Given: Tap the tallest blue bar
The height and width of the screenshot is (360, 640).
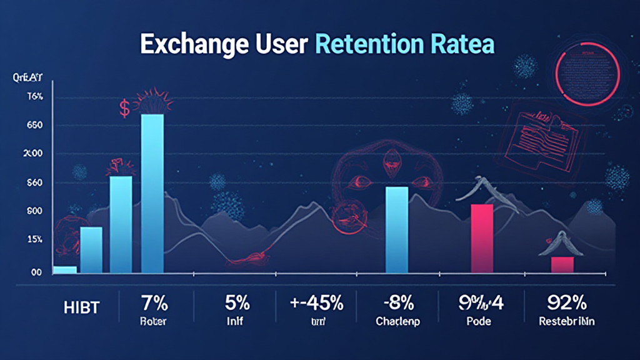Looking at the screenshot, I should (x=152, y=194).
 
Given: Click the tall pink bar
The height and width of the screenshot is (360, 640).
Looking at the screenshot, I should (x=481, y=238).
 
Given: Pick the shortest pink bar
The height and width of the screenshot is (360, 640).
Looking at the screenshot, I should (x=562, y=264).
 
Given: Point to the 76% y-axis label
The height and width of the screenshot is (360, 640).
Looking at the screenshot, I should (x=34, y=97).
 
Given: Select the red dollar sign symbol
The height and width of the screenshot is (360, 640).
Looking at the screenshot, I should (x=124, y=109).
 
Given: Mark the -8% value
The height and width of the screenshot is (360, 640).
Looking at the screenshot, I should (x=398, y=304).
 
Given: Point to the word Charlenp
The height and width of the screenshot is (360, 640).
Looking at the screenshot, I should (x=398, y=322).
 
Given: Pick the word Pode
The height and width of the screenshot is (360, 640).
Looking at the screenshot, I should (x=479, y=322).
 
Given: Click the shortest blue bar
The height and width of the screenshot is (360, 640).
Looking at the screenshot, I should (x=65, y=269).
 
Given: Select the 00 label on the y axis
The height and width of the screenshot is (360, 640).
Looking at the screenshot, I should (x=36, y=272).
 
